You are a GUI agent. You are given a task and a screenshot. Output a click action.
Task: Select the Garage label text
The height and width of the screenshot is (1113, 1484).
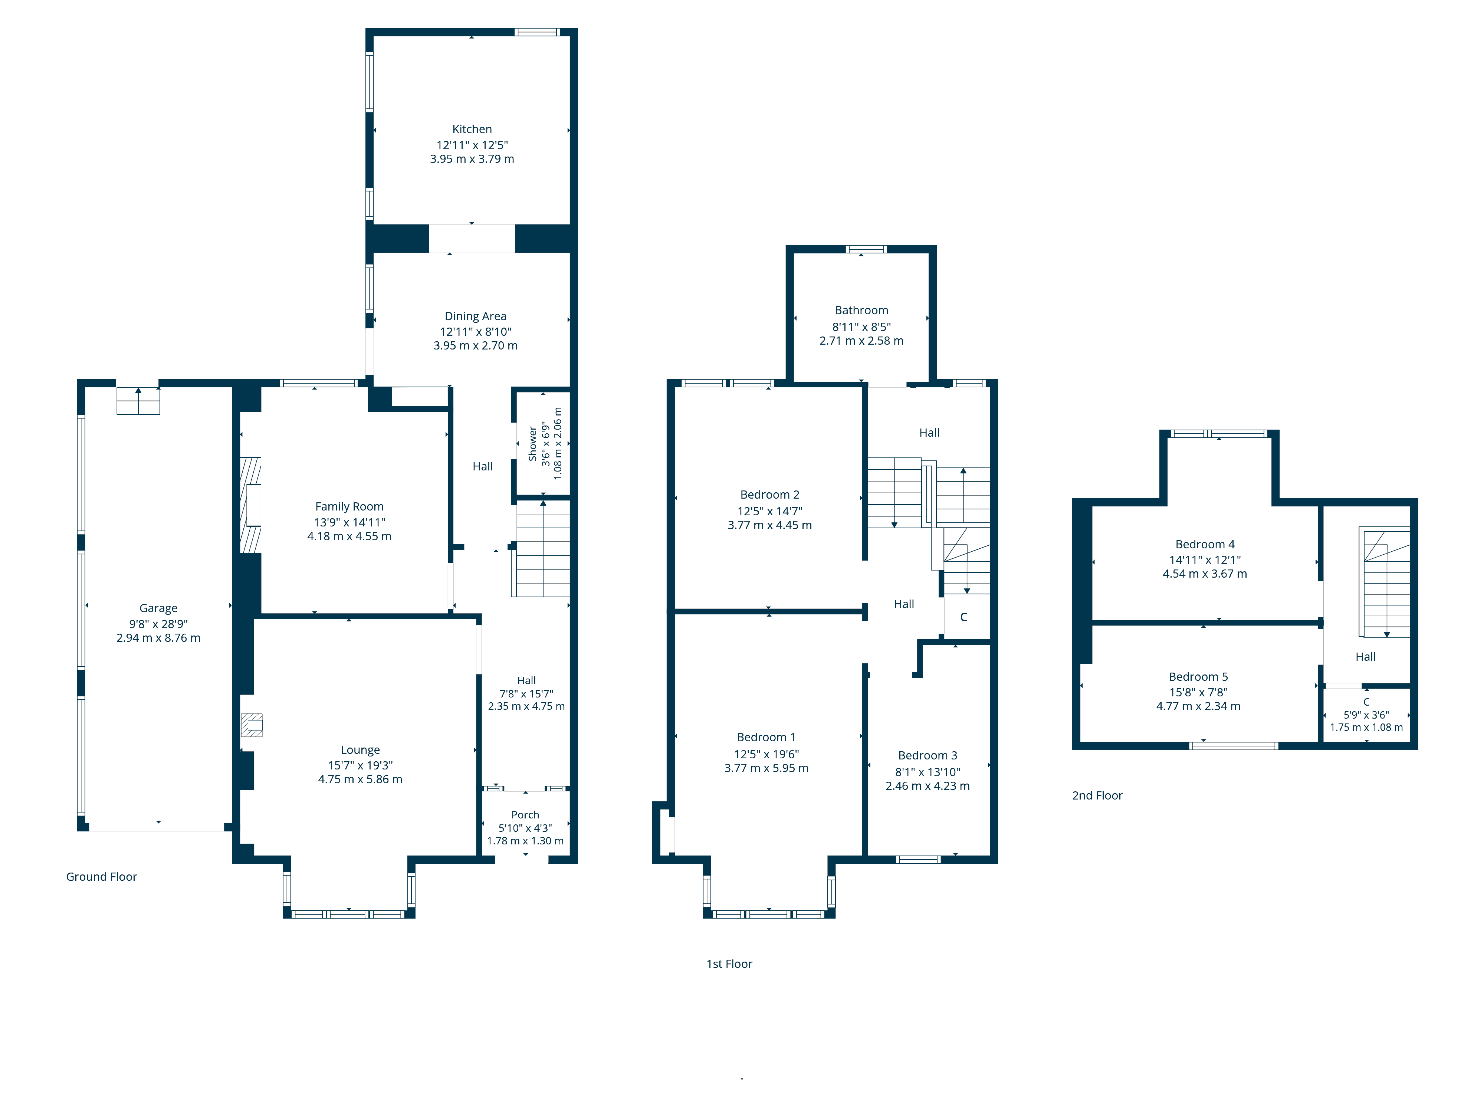158,608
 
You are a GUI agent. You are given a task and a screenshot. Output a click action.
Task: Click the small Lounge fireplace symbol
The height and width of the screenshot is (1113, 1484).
252,725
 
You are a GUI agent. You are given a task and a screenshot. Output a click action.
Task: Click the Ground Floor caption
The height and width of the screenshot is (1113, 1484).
101,876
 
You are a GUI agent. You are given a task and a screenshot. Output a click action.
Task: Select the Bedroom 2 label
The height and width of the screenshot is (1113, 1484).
769,495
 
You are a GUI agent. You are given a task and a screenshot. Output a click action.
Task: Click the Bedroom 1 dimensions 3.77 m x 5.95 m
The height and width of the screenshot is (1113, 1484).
766,768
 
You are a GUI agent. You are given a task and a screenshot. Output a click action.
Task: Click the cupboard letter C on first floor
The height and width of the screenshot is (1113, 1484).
963,617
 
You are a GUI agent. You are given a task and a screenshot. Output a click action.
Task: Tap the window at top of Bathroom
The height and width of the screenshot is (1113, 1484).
866,250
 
